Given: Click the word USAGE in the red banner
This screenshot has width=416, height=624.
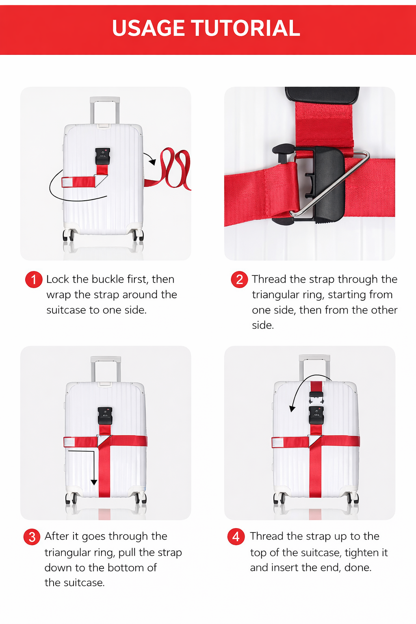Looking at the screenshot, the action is click(148, 28).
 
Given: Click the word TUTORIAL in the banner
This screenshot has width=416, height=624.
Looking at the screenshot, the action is click(246, 28).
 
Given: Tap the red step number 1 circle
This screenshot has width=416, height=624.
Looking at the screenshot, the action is click(34, 279).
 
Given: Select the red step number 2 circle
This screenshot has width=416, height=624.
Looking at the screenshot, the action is click(239, 279).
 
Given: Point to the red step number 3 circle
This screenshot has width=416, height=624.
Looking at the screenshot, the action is click(32, 537).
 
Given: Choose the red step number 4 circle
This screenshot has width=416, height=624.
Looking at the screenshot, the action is click(236, 536).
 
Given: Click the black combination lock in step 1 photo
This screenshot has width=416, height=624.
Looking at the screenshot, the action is click(102, 156).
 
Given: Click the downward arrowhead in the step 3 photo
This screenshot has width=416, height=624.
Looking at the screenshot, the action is click(94, 482).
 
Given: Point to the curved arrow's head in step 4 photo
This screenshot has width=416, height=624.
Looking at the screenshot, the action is click(292, 408).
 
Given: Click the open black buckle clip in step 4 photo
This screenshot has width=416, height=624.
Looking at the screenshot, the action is click(316, 396).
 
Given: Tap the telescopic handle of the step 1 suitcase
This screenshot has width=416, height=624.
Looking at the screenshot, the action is click(105, 110).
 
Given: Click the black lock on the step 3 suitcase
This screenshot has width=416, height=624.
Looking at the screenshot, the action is click(105, 416).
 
